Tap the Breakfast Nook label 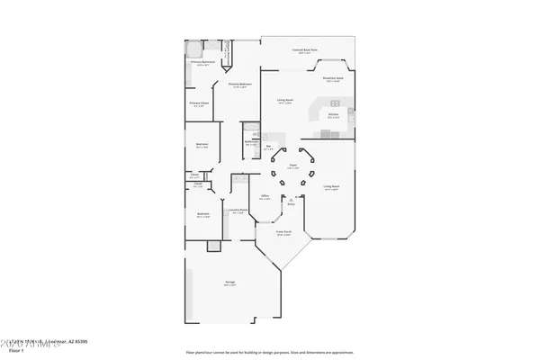point(334,79)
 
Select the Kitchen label point(332,115)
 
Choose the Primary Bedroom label point(238,84)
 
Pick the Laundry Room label point(238,211)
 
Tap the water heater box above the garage point(212,246)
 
